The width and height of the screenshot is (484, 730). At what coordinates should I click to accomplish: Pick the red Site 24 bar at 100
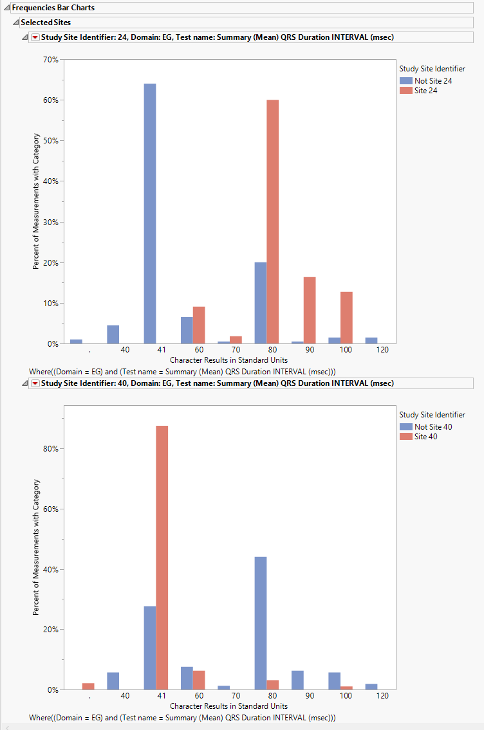[346, 318]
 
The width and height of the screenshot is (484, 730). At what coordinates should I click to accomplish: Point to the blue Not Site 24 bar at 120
[371, 340]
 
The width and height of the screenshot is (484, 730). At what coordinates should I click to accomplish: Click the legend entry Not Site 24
[429, 81]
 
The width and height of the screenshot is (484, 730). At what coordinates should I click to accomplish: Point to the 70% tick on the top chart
[50, 60]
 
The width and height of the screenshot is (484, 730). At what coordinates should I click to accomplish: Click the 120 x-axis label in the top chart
[383, 350]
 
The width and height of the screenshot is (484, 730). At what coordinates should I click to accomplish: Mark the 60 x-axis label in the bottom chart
[199, 696]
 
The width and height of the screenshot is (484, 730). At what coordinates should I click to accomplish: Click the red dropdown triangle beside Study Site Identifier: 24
[35, 37]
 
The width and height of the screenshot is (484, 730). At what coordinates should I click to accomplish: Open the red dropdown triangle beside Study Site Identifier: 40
[35, 383]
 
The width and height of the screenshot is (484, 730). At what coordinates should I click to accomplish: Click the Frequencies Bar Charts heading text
[53, 8]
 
